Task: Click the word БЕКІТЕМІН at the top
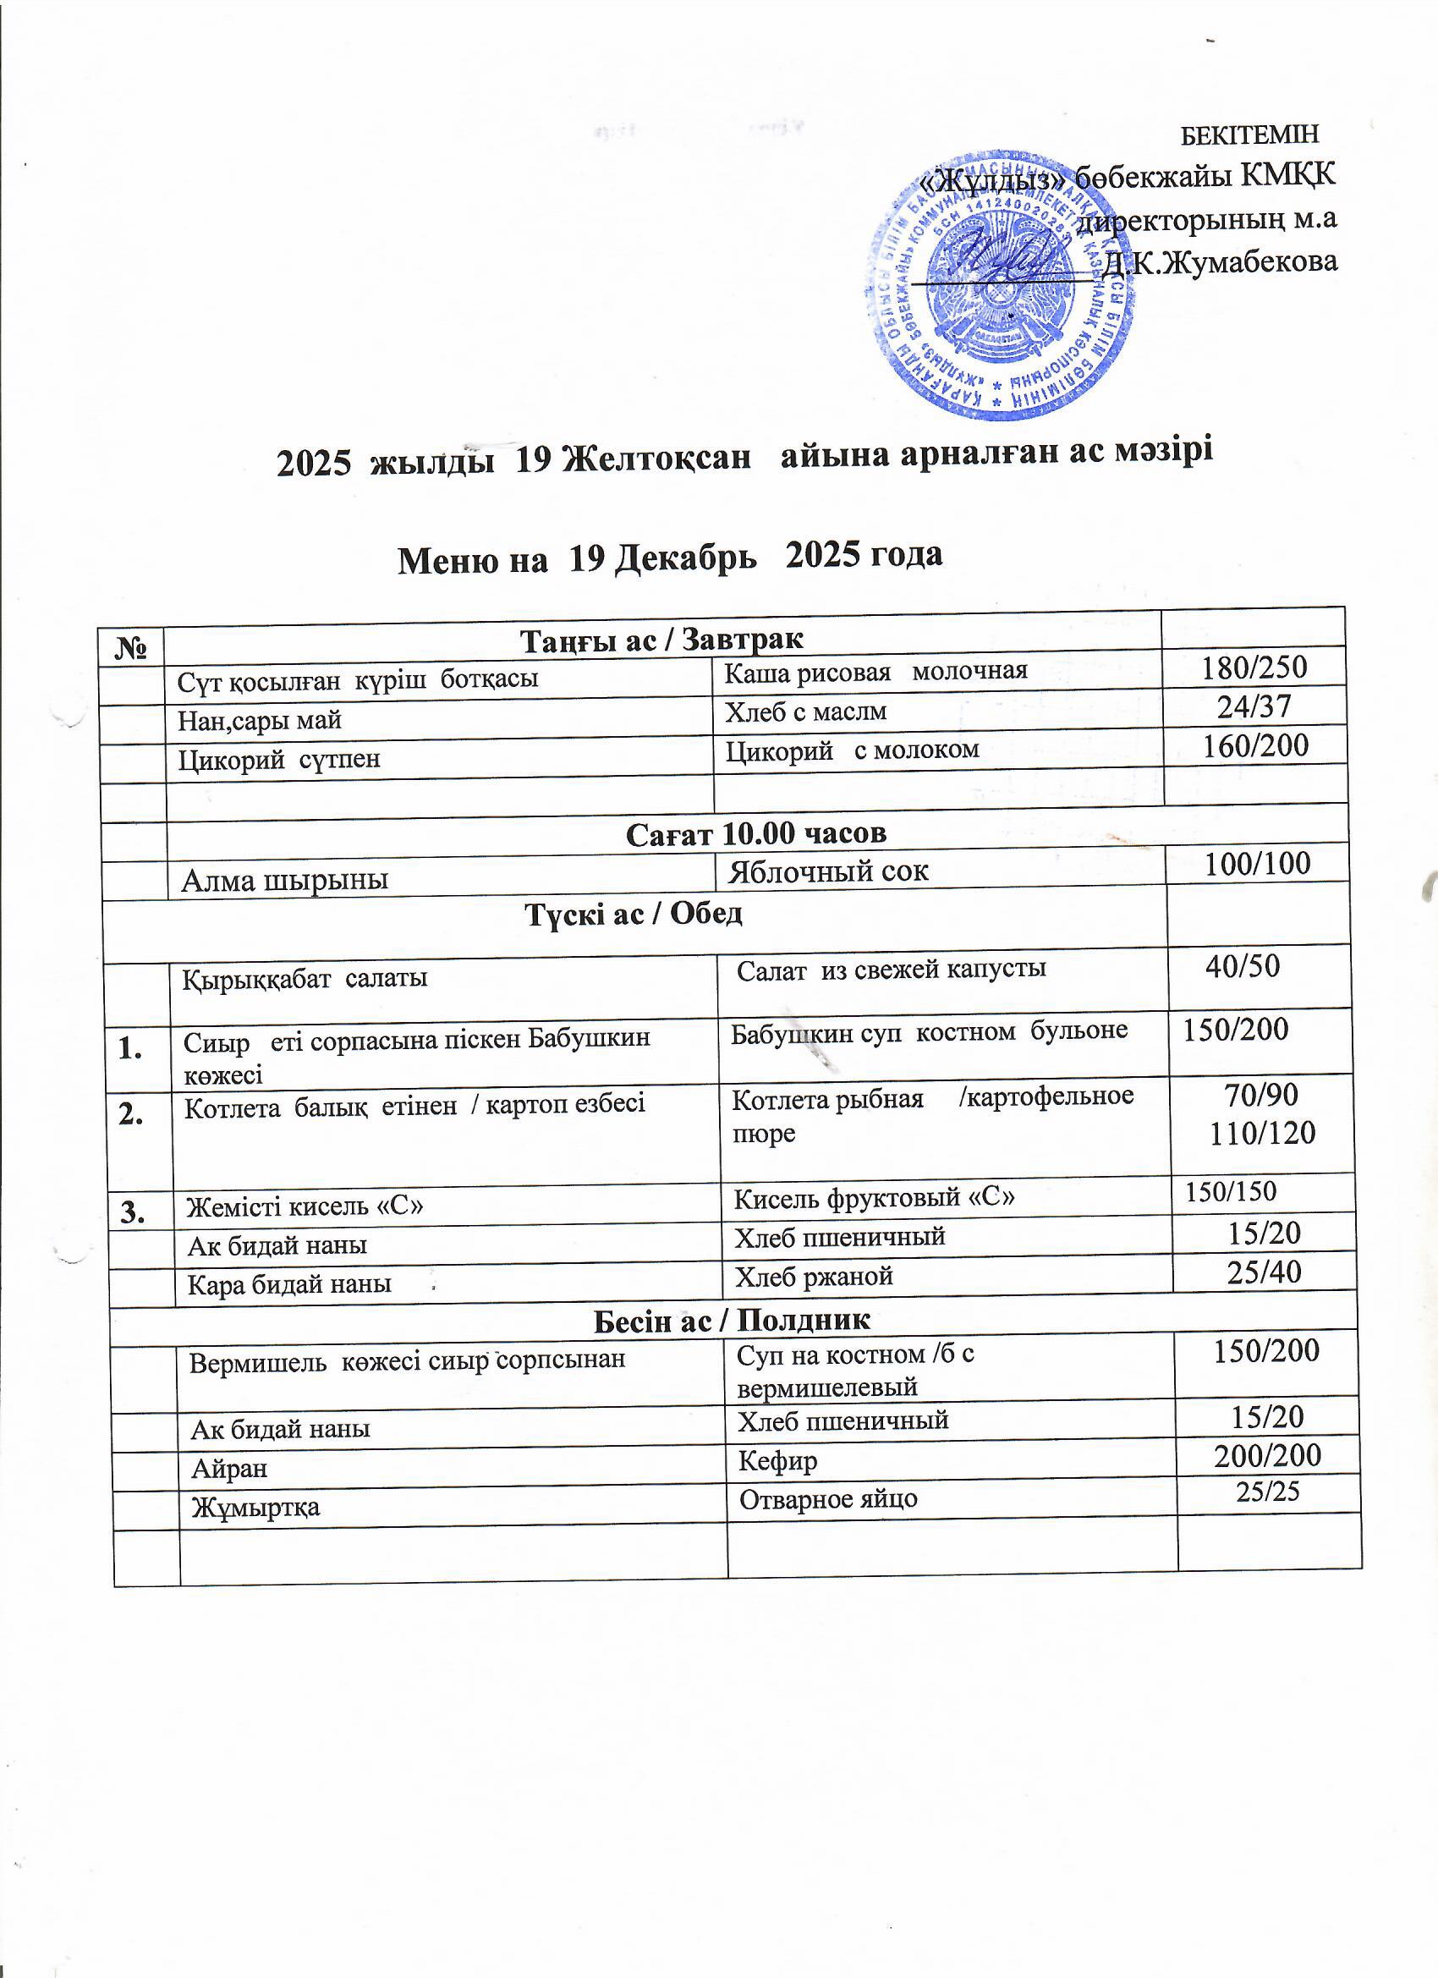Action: click(x=1249, y=135)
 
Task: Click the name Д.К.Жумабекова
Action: click(x=1220, y=261)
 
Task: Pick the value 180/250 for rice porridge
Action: click(x=1254, y=668)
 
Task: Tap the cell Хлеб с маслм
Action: click(x=806, y=711)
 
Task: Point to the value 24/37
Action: click(x=1254, y=706)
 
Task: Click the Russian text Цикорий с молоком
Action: click(x=852, y=750)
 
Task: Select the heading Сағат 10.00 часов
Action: click(x=755, y=832)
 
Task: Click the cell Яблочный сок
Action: click(x=827, y=871)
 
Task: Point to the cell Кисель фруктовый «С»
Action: click(x=874, y=1198)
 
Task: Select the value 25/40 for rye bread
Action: click(x=1264, y=1272)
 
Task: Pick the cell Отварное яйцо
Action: click(x=827, y=1499)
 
